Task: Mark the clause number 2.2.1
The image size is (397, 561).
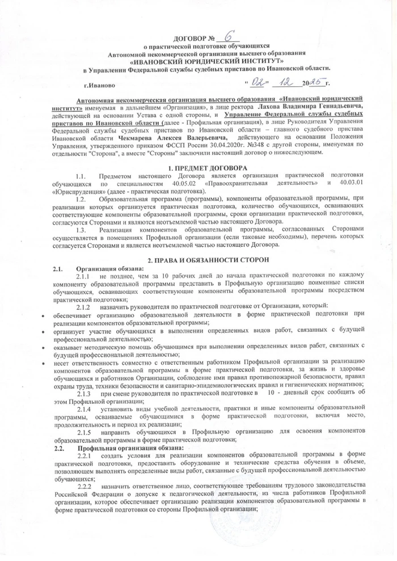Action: click(x=84, y=455)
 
